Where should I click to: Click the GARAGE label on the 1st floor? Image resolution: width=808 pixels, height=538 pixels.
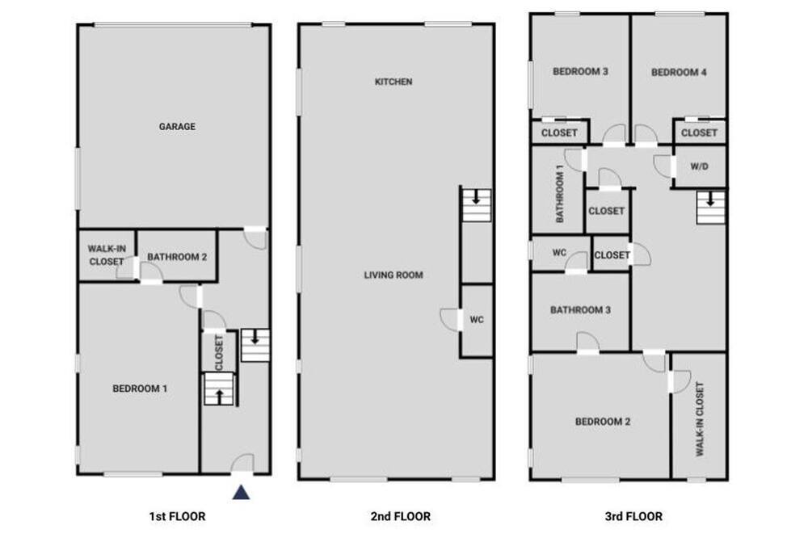pyautogui.click(x=177, y=126)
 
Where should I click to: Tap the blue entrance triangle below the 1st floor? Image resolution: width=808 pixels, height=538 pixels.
pyautogui.click(x=241, y=493)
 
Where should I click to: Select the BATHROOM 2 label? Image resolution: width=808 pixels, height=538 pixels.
pyautogui.click(x=177, y=257)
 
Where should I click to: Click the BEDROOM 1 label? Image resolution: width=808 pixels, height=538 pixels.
pyautogui.click(x=140, y=389)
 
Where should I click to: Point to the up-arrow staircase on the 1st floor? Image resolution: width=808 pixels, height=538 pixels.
pyautogui.click(x=219, y=389)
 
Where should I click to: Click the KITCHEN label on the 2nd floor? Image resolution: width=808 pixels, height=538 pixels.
pyautogui.click(x=393, y=82)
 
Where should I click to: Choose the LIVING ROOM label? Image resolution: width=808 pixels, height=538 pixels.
pyautogui.click(x=393, y=275)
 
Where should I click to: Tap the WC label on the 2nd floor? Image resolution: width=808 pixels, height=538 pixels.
pyautogui.click(x=477, y=320)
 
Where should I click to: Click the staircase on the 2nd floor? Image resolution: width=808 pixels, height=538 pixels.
pyautogui.click(x=476, y=205)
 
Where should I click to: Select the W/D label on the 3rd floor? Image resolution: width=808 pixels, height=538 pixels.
pyautogui.click(x=699, y=166)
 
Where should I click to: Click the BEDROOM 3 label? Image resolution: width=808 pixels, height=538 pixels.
pyautogui.click(x=580, y=72)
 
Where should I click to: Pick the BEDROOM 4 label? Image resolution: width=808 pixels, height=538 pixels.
pyautogui.click(x=679, y=73)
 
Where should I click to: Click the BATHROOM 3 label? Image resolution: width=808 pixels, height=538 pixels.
pyautogui.click(x=580, y=310)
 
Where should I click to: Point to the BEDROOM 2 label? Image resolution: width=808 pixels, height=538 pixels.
pyautogui.click(x=603, y=422)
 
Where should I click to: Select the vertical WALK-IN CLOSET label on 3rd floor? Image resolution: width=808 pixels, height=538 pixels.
pyautogui.click(x=700, y=419)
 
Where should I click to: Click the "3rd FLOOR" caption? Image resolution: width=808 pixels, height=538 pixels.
pyautogui.click(x=633, y=516)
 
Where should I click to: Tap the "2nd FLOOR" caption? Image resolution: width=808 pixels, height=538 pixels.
pyautogui.click(x=401, y=516)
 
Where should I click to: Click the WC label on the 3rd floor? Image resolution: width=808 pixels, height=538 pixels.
pyautogui.click(x=559, y=253)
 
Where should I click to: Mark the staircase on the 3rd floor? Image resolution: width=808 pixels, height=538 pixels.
pyautogui.click(x=710, y=207)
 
